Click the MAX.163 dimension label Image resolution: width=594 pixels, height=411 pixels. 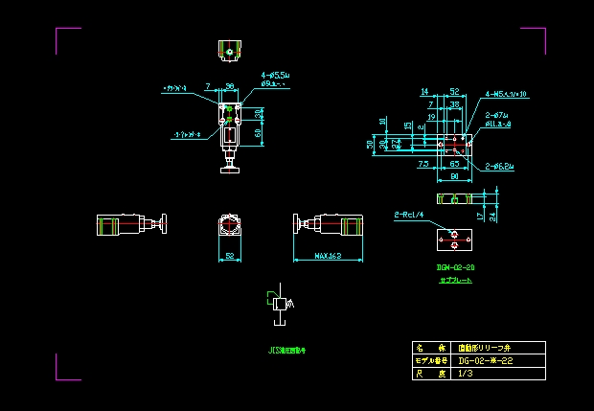(x=330, y=256)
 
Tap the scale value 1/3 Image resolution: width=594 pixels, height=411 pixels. (x=467, y=374)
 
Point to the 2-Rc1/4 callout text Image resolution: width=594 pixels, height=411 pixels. (x=409, y=215)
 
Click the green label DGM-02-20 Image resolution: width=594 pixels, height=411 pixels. (x=456, y=267)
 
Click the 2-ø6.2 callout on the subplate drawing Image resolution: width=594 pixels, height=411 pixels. (x=500, y=166)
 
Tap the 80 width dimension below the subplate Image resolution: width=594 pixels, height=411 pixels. (x=453, y=176)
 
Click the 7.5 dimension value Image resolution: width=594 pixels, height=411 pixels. (x=423, y=165)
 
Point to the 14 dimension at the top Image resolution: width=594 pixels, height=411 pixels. (x=424, y=92)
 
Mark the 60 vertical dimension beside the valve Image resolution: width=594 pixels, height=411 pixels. (x=260, y=133)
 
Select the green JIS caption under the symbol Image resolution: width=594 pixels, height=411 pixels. (x=287, y=350)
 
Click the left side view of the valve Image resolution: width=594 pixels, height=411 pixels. (x=132, y=225)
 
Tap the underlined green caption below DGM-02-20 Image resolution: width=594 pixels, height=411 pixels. (x=456, y=281)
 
